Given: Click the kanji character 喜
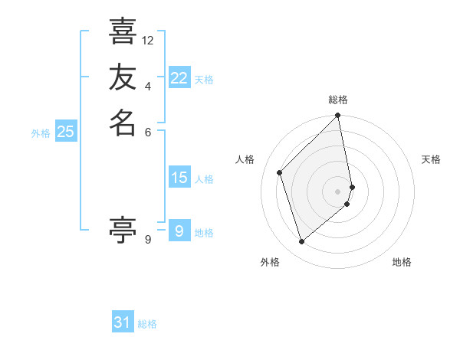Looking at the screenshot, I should click(x=123, y=31).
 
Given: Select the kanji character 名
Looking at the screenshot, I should click(x=123, y=122).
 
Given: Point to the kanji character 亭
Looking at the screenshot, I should click(x=123, y=229).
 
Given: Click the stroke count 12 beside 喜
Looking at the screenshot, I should click(x=148, y=40).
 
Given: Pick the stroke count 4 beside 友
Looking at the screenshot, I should click(x=148, y=85).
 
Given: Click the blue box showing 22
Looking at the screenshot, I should click(x=179, y=78).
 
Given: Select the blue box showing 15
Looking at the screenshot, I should click(x=179, y=178).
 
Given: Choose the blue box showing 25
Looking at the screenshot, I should click(x=66, y=132).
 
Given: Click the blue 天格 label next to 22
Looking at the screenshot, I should click(x=204, y=80).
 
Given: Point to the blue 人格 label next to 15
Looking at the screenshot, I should click(x=204, y=179).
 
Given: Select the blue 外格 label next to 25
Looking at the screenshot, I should click(x=41, y=133).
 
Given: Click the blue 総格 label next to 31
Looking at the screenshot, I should click(x=147, y=324).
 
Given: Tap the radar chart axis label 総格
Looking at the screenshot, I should click(x=338, y=100).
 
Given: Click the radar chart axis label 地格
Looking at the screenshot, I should click(x=402, y=262).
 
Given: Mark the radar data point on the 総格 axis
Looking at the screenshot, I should click(x=338, y=116).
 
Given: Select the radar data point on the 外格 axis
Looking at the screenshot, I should click(x=301, y=242).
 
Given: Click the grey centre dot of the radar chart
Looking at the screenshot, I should click(x=338, y=191).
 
